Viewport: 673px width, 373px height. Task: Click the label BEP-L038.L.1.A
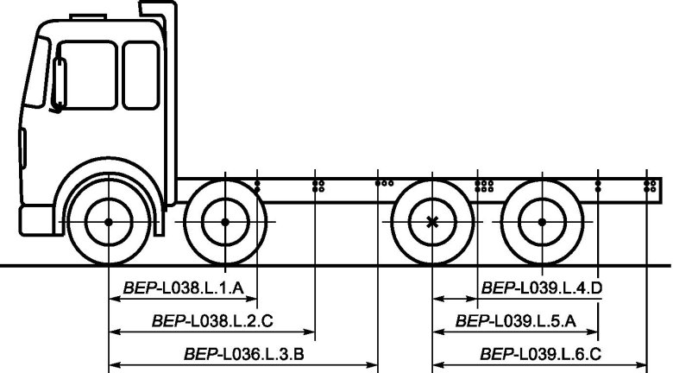pos(184,288)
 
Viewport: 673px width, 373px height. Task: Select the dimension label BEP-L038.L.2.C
pos(212,321)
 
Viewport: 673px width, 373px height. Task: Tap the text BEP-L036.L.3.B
pos(244,355)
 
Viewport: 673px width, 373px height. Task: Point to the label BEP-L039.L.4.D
pos(542,288)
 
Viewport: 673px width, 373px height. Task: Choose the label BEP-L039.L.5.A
pos(515,321)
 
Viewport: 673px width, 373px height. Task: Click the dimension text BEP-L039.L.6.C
pos(541,355)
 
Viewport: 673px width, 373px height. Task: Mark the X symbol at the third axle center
pos(432,222)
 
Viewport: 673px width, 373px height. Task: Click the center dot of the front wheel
pos(109,222)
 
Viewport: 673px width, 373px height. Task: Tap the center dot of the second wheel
pos(225,222)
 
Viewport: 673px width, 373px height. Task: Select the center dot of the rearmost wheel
pos(542,222)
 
